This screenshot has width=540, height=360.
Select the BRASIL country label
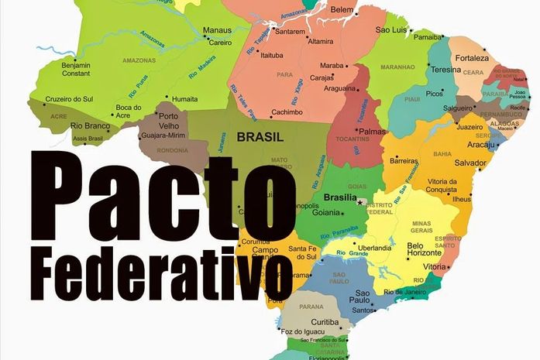point(260,137)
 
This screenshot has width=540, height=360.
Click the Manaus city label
point(217,31)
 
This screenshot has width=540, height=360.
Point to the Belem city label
point(341,9)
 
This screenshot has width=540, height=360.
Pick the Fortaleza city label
point(472,58)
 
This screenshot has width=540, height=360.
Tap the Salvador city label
point(470,163)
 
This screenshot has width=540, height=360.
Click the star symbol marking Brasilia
point(360,202)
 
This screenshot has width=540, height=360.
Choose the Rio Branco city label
point(88,125)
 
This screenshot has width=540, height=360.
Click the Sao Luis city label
point(392,29)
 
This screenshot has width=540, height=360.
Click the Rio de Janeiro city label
point(411,292)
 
